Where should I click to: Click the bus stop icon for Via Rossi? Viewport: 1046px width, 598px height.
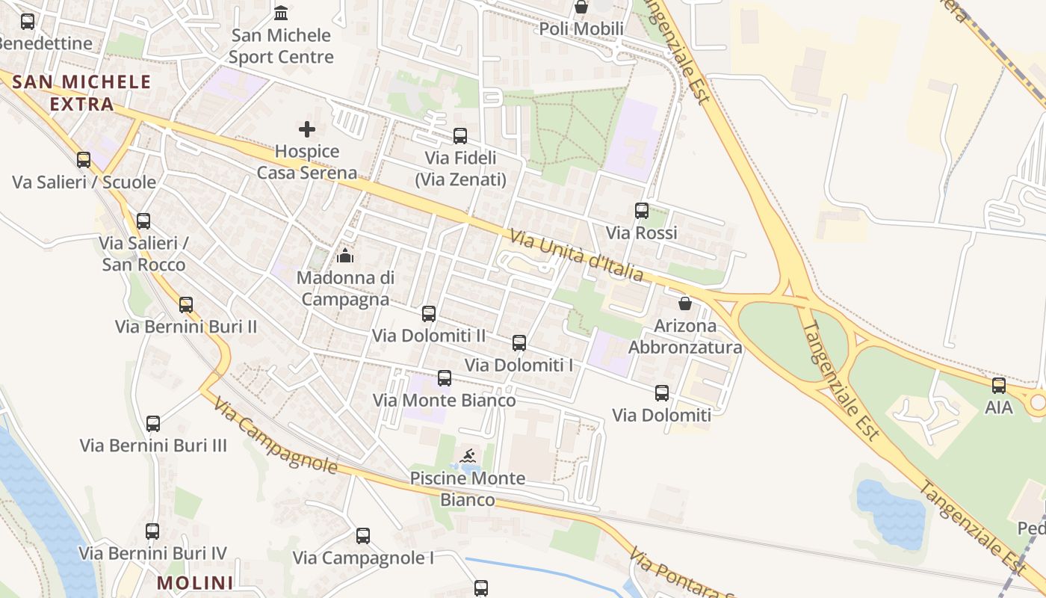tap(642, 211)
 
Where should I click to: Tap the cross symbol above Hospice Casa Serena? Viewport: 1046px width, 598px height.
tap(307, 129)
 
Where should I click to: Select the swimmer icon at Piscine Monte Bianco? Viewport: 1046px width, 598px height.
tap(468, 456)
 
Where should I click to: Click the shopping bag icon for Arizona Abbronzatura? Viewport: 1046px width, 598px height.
tap(684, 303)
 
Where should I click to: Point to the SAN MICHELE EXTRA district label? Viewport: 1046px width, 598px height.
tap(82, 93)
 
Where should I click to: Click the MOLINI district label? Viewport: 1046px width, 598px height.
tap(195, 582)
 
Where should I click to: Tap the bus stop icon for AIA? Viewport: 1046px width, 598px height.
tap(999, 386)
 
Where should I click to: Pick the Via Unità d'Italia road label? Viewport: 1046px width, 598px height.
tap(576, 256)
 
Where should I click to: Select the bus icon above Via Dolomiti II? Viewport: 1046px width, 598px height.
tap(429, 314)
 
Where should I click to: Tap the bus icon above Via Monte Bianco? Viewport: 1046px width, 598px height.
tap(445, 378)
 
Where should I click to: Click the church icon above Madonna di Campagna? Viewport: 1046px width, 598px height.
tap(345, 256)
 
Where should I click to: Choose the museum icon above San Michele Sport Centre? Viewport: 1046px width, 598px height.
tap(281, 13)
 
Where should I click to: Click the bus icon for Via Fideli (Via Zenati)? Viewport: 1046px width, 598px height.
tap(460, 136)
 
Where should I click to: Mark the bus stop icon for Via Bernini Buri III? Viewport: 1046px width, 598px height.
tap(153, 424)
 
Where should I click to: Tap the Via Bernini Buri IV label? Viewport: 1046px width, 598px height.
tap(153, 554)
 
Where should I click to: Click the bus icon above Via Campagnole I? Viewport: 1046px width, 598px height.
tap(363, 536)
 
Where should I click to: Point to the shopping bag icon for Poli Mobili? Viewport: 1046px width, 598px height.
tap(581, 7)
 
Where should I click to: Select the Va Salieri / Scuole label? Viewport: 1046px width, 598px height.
tap(84, 182)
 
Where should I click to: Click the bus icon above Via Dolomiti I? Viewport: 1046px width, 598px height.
tap(519, 343)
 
